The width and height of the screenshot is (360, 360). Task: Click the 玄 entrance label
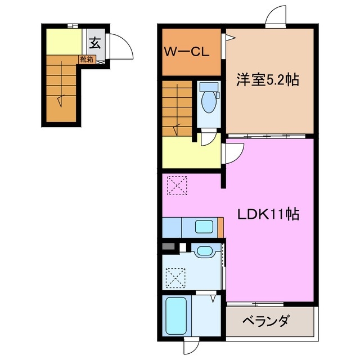coord(94,41)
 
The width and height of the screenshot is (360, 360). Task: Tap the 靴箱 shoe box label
coord(87,58)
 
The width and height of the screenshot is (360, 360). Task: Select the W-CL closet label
coord(187,52)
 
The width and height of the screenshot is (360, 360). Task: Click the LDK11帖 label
coord(267,214)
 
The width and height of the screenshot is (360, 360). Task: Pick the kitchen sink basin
coord(204,227)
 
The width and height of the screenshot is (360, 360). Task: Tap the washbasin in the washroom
coord(204,251)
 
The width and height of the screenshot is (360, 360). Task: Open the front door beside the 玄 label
coord(120,47)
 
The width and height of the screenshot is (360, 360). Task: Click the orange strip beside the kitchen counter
coord(221,227)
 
